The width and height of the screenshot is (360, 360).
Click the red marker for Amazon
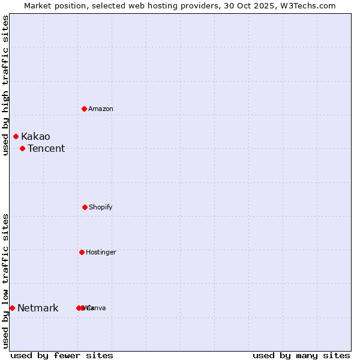click(85, 109)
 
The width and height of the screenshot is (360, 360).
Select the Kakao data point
click(16, 137)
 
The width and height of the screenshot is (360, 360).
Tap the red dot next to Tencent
click(22, 148)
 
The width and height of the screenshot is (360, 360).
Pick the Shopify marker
click(85, 207)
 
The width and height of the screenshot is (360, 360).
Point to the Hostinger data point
click(82, 252)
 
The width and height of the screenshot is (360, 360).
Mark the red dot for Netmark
click(12, 308)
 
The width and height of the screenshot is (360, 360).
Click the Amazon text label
click(101, 109)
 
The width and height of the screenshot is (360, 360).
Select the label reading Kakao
click(35, 137)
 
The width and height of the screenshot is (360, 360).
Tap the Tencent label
click(46, 149)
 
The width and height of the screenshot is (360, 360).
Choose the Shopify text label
click(101, 207)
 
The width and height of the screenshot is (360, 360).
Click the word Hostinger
click(101, 252)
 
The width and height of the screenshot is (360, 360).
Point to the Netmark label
click(38, 308)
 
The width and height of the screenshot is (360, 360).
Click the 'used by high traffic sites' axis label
click(5, 85)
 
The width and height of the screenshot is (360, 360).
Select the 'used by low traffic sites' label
click(5, 281)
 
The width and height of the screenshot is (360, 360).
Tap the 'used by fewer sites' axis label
click(62, 355)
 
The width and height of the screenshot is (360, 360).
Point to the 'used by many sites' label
click(301, 355)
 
